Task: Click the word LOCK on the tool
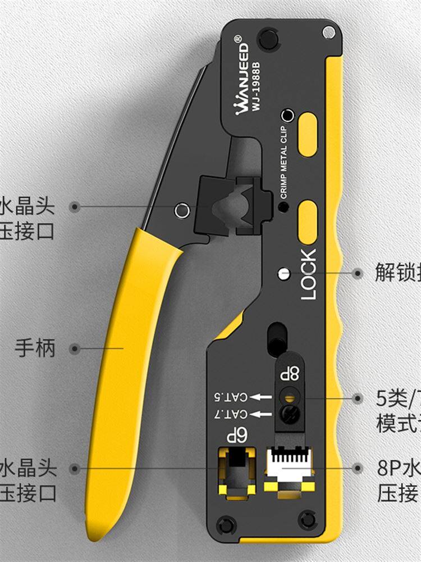point(309,274)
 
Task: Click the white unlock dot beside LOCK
point(284,274)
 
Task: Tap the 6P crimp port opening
point(236,464)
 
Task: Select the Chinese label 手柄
point(35,348)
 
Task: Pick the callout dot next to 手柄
point(75,349)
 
